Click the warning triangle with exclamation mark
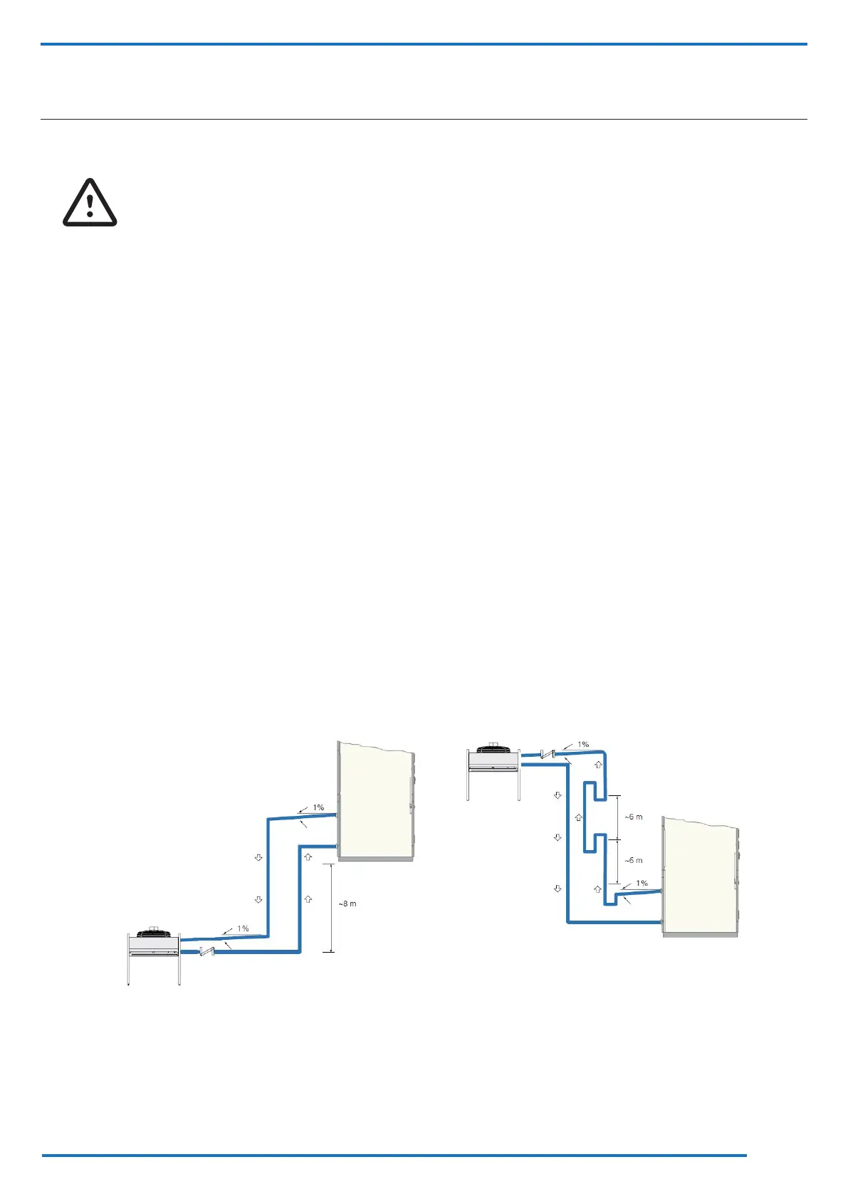point(90,203)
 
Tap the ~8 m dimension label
point(347,904)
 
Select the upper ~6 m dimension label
point(634,817)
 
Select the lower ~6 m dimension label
point(634,860)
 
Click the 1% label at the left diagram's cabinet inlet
point(318,807)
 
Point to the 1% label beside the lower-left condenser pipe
point(243,928)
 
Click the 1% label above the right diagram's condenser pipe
point(583,745)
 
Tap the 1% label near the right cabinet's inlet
point(642,883)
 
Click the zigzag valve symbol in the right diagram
point(548,753)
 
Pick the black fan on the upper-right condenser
point(492,750)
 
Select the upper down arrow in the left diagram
point(259,858)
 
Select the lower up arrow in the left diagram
point(308,899)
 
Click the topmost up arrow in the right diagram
point(598,765)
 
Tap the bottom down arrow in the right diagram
point(558,889)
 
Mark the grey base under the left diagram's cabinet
point(375,859)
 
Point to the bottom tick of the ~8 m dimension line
point(328,952)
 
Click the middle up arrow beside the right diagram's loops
point(579,819)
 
